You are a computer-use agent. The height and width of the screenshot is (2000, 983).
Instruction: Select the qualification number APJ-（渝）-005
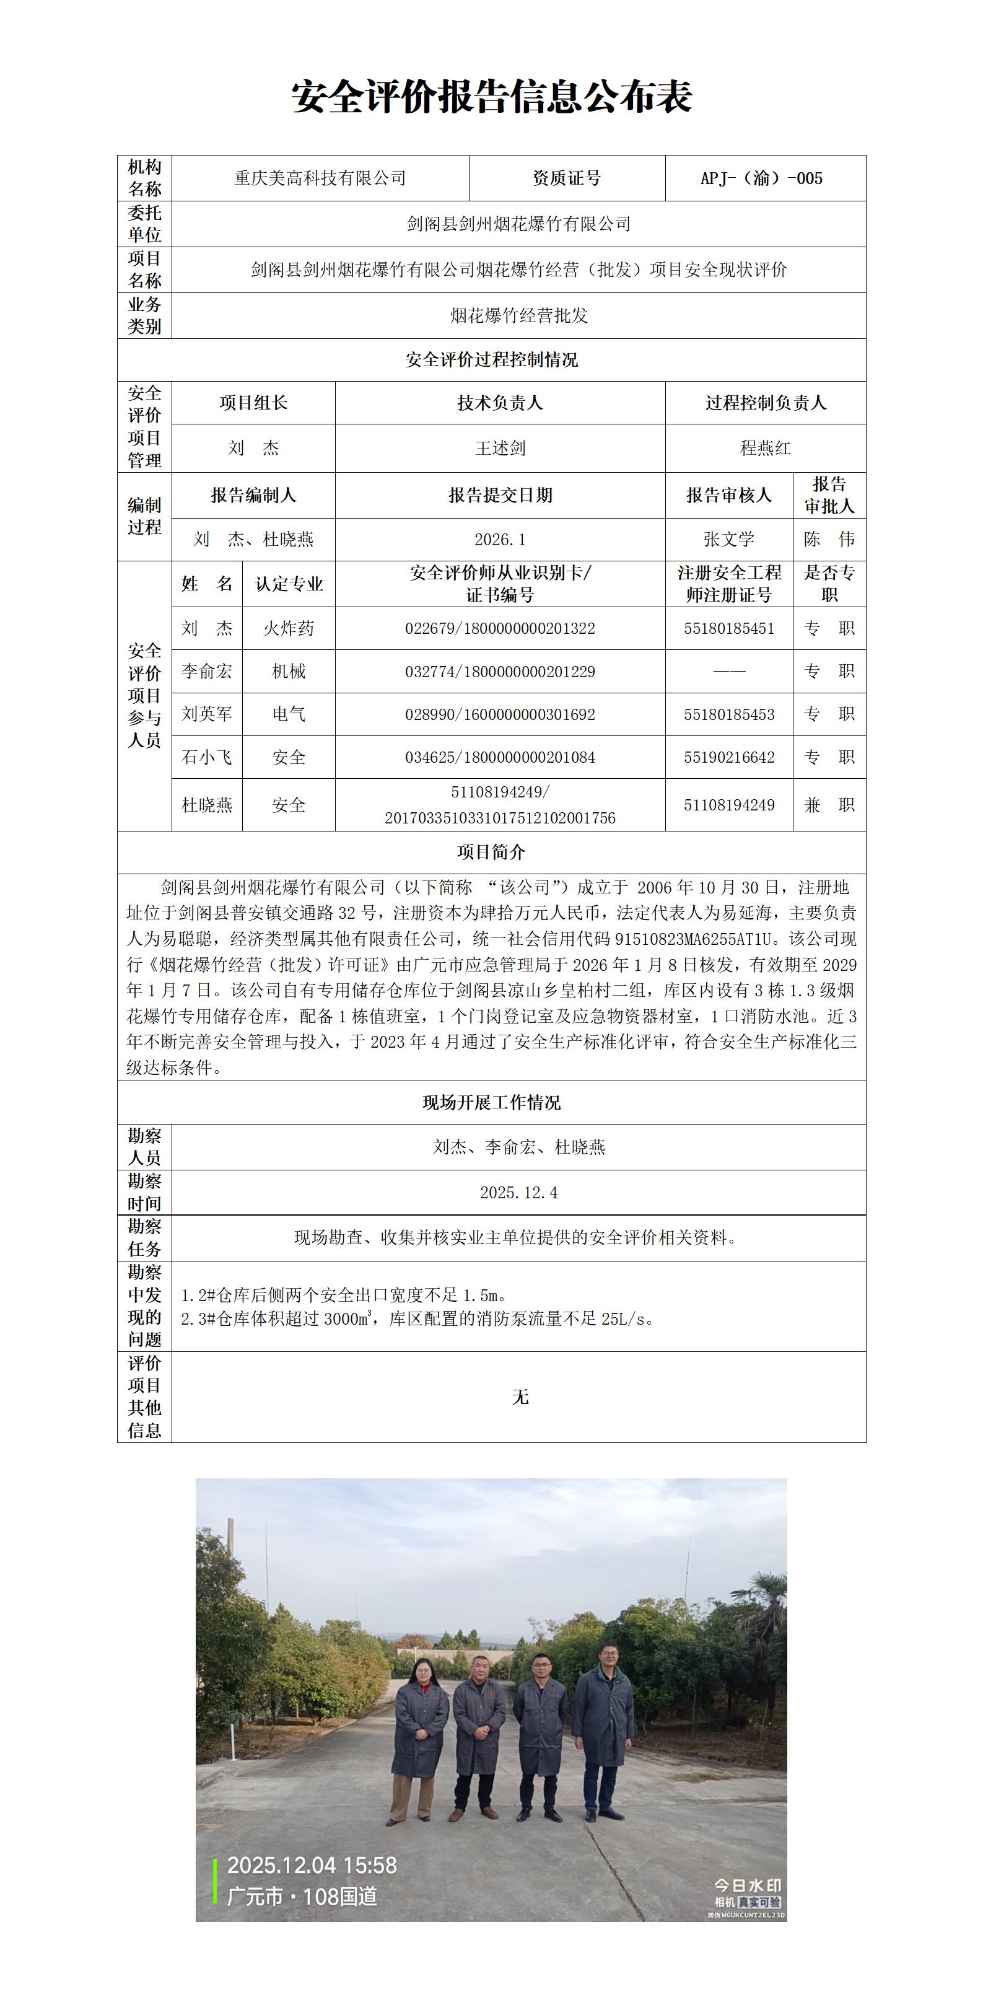pyautogui.click(x=761, y=178)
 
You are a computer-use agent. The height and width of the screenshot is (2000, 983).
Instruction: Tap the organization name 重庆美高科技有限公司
pyautogui.click(x=320, y=178)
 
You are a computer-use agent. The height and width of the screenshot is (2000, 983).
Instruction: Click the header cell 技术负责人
pyautogui.click(x=499, y=403)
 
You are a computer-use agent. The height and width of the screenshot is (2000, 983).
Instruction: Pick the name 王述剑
pyautogui.click(x=500, y=449)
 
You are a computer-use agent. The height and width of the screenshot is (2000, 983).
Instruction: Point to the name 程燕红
pyautogui.click(x=765, y=449)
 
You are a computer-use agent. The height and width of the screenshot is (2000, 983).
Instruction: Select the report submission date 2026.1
pyautogui.click(x=500, y=540)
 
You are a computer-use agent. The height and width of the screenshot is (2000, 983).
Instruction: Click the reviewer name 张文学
pyautogui.click(x=728, y=540)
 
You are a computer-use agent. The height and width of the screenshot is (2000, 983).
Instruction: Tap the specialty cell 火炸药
pyautogui.click(x=288, y=629)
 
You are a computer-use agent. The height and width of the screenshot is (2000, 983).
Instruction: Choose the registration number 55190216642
pyautogui.click(x=728, y=758)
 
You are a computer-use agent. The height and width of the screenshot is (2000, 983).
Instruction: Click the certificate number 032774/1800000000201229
pyautogui.click(x=500, y=672)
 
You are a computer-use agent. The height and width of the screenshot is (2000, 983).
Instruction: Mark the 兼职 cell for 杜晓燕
pyautogui.click(x=829, y=805)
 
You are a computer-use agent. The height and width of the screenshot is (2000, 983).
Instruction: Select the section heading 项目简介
pyautogui.click(x=492, y=853)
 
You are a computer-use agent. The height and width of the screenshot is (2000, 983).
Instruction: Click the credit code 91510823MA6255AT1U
pyautogui.click(x=698, y=939)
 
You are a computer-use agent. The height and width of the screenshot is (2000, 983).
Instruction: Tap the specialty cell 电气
pyautogui.click(x=288, y=714)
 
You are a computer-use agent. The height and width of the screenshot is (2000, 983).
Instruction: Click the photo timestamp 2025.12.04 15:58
pyautogui.click(x=312, y=1866)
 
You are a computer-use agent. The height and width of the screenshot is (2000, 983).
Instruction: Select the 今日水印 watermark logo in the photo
pyautogui.click(x=747, y=1884)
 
